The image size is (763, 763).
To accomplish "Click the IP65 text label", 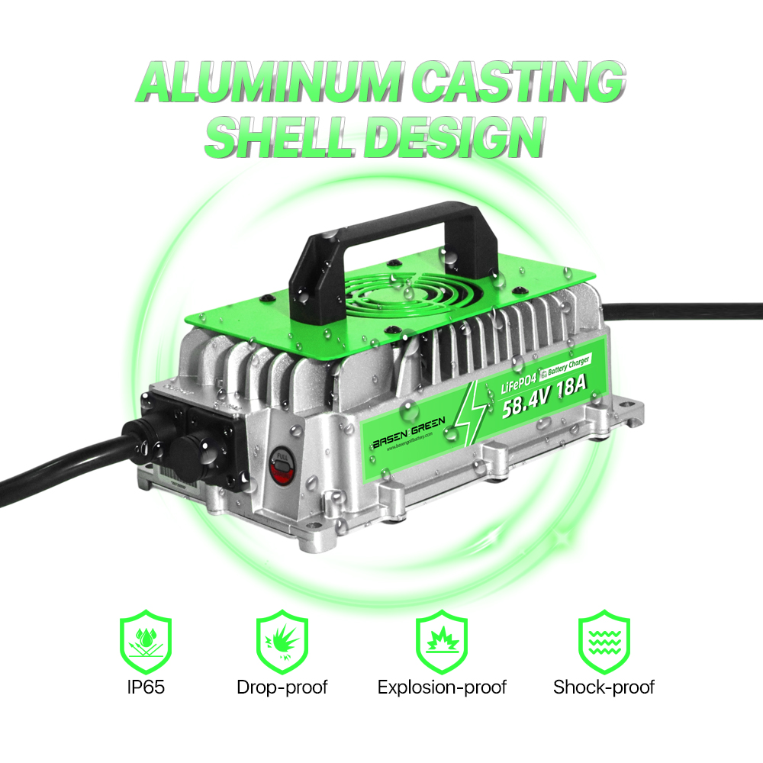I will click(x=146, y=687).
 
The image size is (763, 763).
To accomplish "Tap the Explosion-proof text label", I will click(x=442, y=687).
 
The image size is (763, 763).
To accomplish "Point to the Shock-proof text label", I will click(x=604, y=687).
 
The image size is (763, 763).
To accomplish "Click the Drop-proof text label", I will click(x=282, y=687).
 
